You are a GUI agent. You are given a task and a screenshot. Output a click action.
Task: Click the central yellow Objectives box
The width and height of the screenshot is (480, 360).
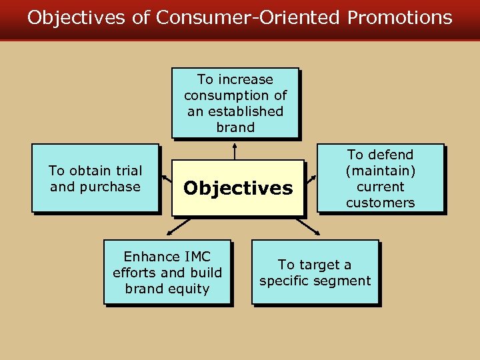[x=238, y=188]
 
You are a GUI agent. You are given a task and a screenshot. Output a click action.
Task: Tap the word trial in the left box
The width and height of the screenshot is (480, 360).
[x=127, y=171]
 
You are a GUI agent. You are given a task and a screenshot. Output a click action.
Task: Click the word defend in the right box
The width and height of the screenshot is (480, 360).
[x=389, y=155]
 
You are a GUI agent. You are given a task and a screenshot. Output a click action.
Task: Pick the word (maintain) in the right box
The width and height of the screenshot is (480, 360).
[x=380, y=171]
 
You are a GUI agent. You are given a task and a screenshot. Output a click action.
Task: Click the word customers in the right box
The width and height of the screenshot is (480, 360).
[x=380, y=203]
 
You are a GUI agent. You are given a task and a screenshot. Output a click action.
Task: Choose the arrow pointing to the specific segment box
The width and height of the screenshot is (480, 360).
[x=310, y=227]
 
